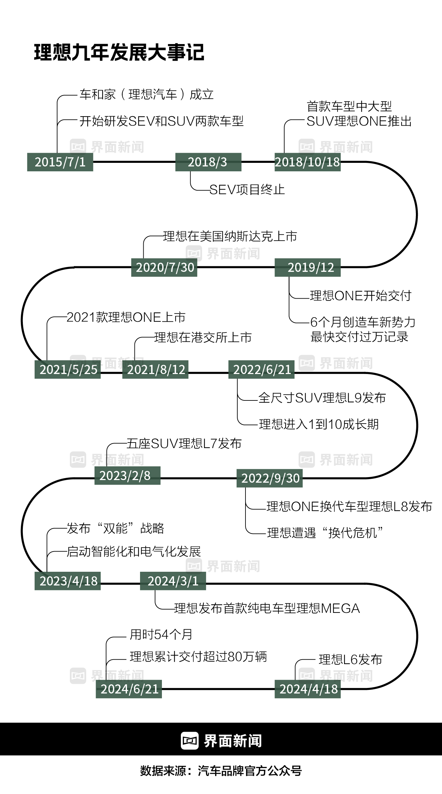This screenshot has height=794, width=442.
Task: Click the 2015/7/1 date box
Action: [x=60, y=162]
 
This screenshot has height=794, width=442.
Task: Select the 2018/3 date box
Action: [x=208, y=162]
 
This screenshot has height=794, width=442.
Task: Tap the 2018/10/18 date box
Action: [x=308, y=162]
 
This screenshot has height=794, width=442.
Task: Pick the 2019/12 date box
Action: [x=308, y=268]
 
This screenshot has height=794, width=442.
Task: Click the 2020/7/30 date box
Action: [x=164, y=268]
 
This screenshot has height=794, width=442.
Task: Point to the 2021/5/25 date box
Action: [x=68, y=369]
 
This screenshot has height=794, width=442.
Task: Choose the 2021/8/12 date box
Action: [x=155, y=369]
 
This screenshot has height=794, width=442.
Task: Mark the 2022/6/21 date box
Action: [x=261, y=369]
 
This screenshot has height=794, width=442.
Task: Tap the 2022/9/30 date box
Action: [x=270, y=478]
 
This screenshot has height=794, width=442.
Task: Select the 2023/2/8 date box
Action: [x=127, y=475]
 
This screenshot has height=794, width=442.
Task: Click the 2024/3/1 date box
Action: [x=173, y=581]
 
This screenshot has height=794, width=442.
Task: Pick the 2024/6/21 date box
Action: [x=129, y=689]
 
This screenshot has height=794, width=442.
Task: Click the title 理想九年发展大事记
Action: [x=119, y=52]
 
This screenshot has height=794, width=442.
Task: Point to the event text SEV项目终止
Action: [x=247, y=190]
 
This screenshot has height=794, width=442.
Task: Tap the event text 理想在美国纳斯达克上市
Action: [x=230, y=237]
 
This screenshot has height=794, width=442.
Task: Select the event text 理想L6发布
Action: [x=350, y=660]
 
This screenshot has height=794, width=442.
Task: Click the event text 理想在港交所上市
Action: [x=203, y=337]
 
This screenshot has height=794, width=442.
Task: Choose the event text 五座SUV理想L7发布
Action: [x=184, y=444]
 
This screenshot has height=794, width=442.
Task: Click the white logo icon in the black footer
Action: [x=190, y=741]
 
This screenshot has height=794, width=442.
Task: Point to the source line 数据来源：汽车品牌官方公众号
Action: [x=221, y=771]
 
